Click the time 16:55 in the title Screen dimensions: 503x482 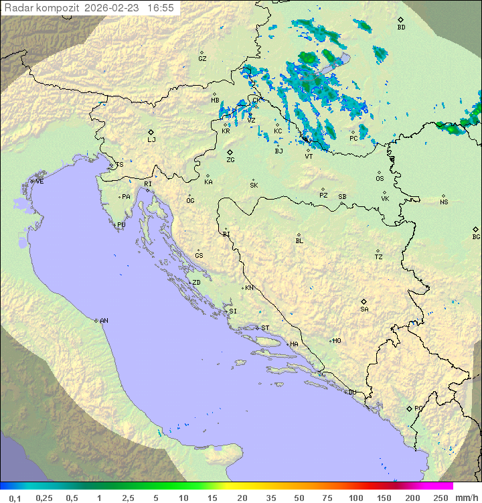[161, 8]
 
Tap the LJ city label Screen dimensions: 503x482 [151, 140]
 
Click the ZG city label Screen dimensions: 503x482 [230, 160]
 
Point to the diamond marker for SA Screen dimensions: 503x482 [364, 301]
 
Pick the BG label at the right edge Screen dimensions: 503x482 [476, 237]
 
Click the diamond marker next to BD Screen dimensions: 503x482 [400, 19]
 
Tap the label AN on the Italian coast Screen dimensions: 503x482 [104, 321]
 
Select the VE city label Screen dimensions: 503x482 [39, 182]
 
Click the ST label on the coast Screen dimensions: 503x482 [265, 328]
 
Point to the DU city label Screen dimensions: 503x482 [351, 392]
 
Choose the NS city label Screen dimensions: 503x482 [444, 202]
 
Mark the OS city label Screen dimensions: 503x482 [380, 179]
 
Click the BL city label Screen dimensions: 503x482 [299, 241]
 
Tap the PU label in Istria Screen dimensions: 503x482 [121, 225]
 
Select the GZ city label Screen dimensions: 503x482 [202, 59]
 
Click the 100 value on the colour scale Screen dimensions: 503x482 [355, 498]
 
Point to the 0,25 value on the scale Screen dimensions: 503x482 [44, 498]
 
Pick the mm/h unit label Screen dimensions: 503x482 [466, 498]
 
